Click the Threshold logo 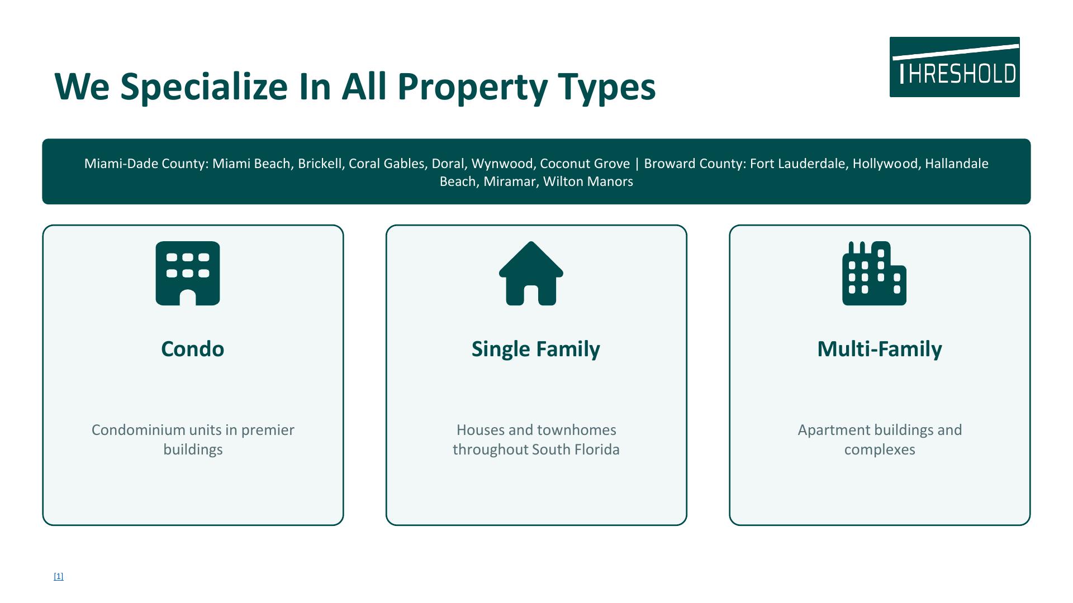tap(955, 67)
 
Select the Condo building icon tap(188, 273)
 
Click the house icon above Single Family tap(531, 273)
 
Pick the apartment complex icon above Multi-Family tap(874, 273)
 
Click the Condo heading tap(193, 349)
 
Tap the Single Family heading tap(536, 350)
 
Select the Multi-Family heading tap(880, 350)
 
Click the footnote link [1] tap(59, 576)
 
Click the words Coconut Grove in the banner tap(585, 164)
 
